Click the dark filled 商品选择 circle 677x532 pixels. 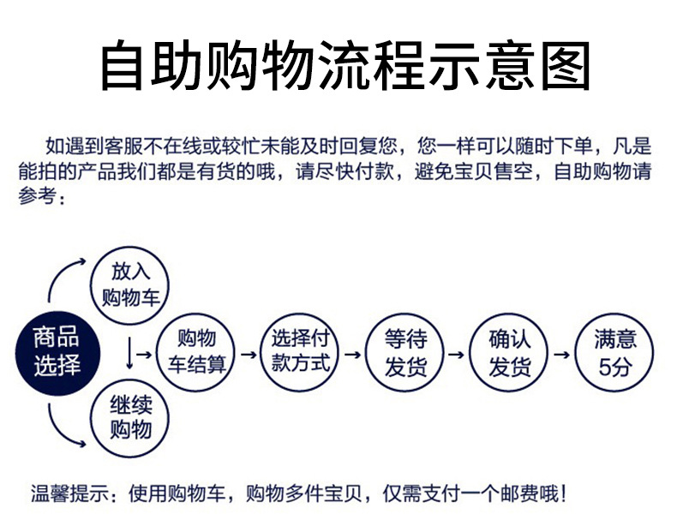pos(58,354)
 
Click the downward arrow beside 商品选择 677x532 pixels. pos(129,353)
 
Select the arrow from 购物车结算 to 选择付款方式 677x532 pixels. pos(249,355)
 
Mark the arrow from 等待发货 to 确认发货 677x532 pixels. pos(457,355)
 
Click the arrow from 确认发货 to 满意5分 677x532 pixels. pos(561,355)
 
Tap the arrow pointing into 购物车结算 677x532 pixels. pos(144,355)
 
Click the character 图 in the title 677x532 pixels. pos(566,66)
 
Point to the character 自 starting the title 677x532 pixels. pos(122,66)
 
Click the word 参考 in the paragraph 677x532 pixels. pos(37,196)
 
